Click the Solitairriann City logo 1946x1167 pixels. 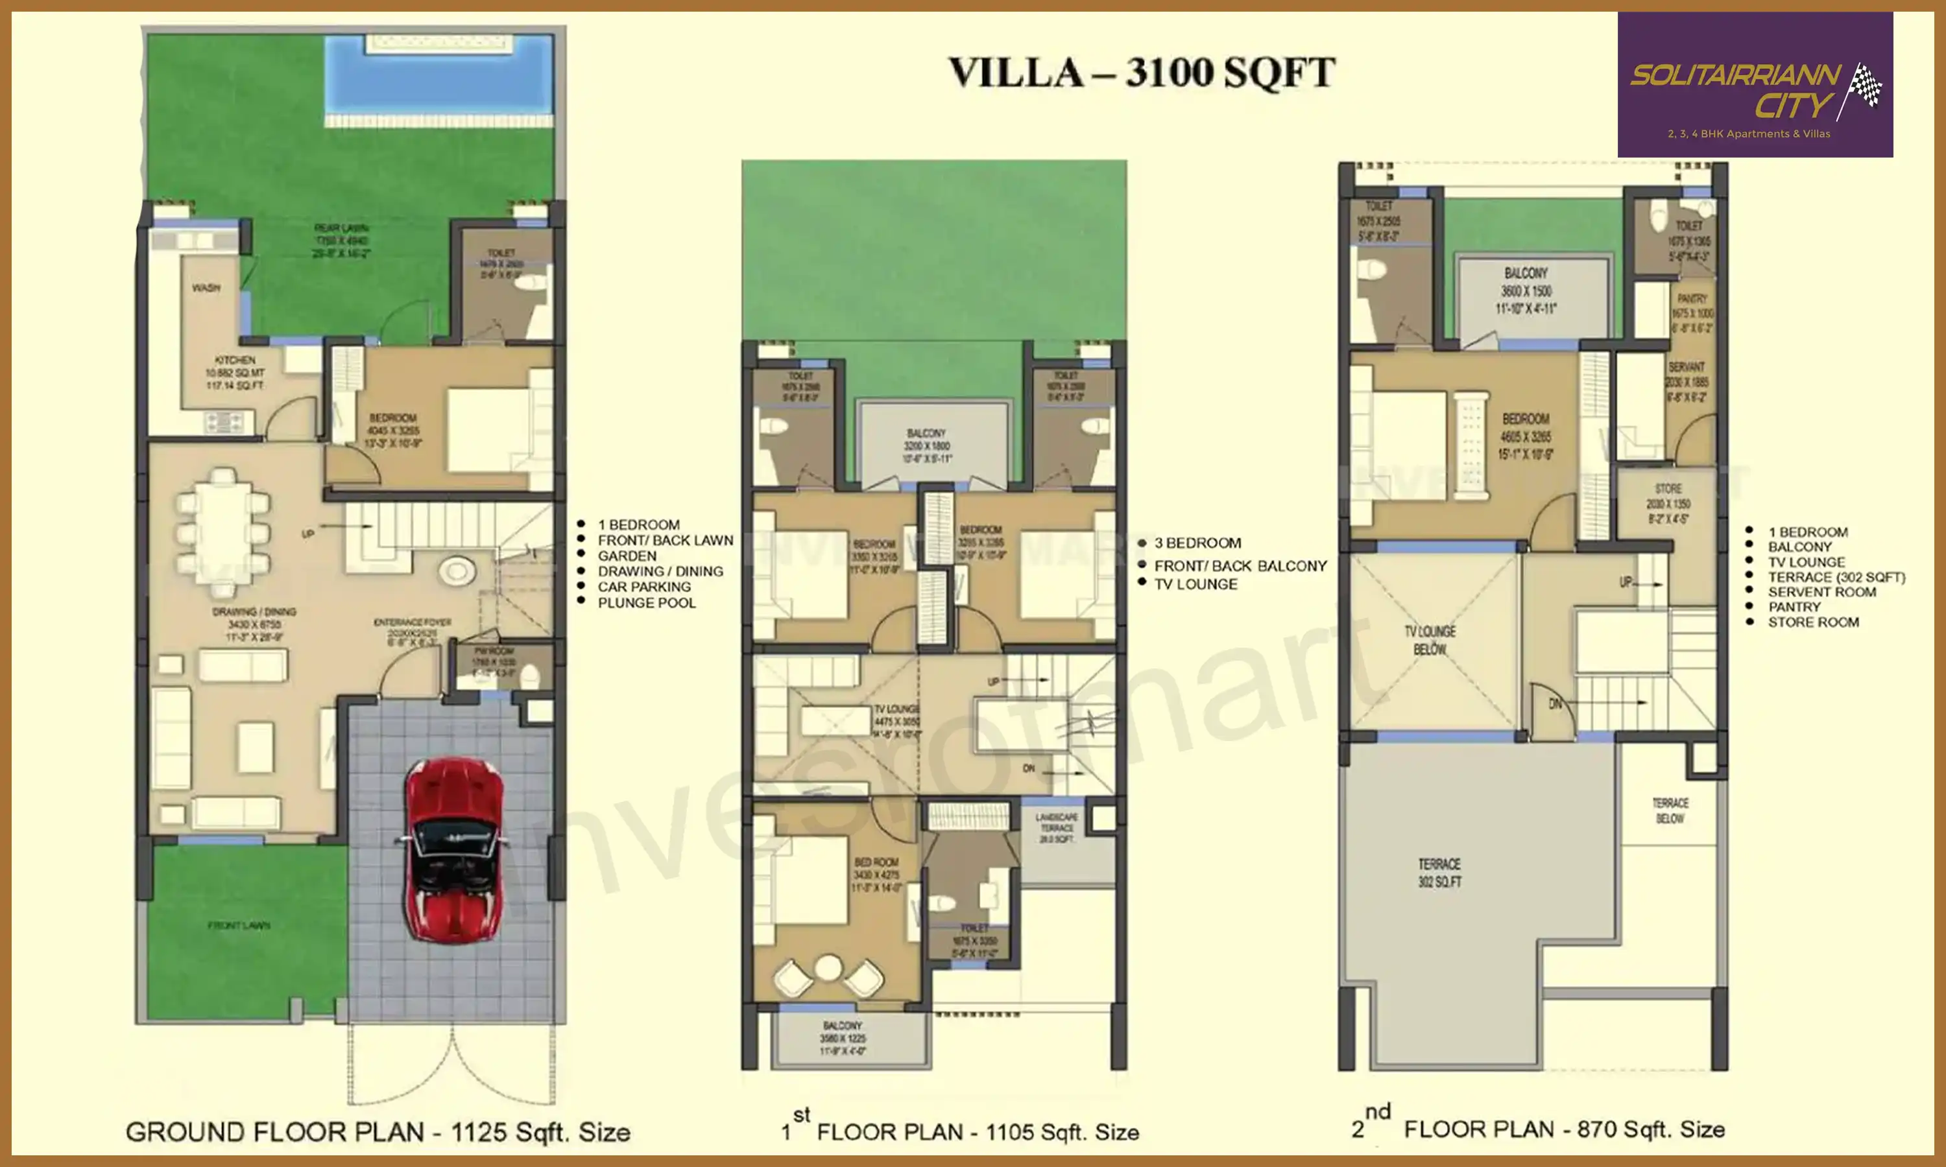[x=1755, y=85]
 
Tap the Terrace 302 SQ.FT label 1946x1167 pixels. [x=1439, y=873]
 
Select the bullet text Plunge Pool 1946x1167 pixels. [x=647, y=603]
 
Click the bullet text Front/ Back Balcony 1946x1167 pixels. [x=1240, y=566]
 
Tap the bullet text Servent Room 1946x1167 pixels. [x=1821, y=592]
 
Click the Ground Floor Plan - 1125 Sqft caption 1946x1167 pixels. [x=378, y=1133]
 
